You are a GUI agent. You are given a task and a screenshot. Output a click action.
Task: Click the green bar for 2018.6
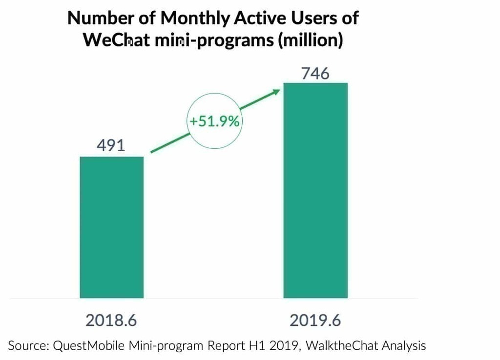[111, 227]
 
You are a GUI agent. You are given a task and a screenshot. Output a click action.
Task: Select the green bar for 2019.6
[315, 190]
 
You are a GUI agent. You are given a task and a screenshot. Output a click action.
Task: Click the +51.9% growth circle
[214, 121]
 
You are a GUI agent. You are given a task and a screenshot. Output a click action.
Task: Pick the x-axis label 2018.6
[111, 320]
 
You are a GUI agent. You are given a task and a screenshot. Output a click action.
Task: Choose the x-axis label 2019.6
[315, 320]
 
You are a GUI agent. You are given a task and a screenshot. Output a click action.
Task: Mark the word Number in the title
[97, 18]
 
